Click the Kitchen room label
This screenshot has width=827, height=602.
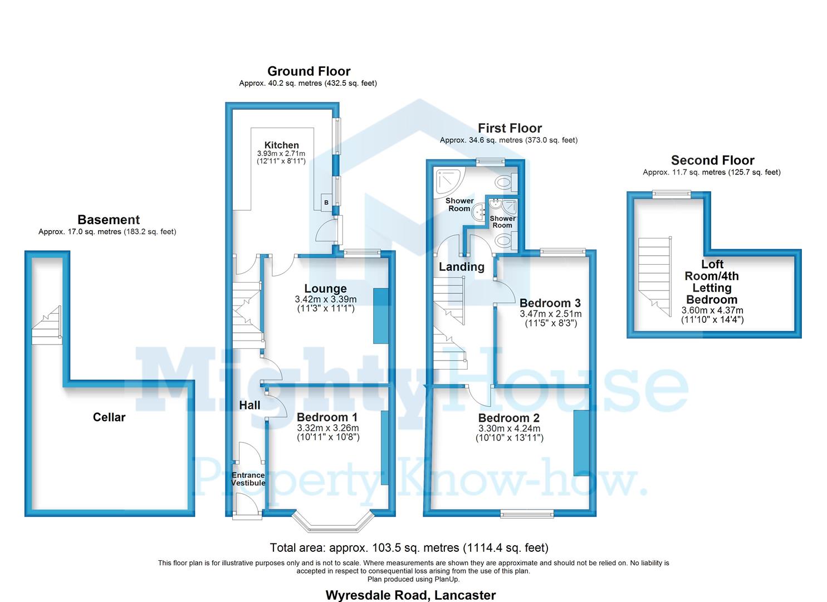[x=281, y=145]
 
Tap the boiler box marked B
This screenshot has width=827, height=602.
[x=326, y=203]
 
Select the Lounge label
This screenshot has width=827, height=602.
[x=325, y=289]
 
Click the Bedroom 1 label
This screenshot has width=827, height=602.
[x=327, y=417]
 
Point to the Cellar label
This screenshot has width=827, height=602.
[x=109, y=417]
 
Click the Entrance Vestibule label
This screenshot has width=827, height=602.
[x=248, y=479]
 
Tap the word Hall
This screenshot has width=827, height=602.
[x=249, y=405]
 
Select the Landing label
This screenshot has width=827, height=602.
[x=461, y=267]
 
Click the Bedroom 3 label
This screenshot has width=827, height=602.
[x=550, y=303]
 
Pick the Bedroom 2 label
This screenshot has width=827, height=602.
[x=508, y=418]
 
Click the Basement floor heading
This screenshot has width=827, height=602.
[x=109, y=220]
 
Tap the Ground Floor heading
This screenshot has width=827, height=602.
[x=309, y=71]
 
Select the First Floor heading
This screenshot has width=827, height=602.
[x=510, y=128]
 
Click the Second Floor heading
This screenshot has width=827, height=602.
[x=712, y=161]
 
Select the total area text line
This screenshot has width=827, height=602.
[x=409, y=548]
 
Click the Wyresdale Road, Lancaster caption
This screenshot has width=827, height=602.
[x=410, y=595]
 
